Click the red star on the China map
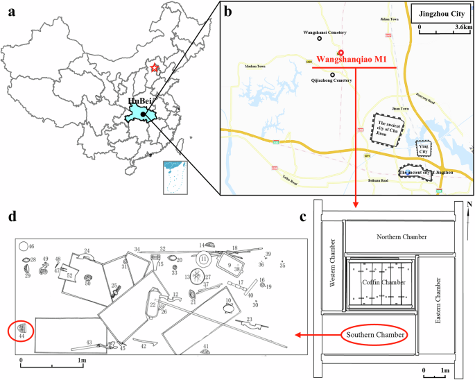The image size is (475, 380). click(x=155, y=67)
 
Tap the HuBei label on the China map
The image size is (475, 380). click(x=140, y=103)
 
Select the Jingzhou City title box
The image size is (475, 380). click(x=440, y=13)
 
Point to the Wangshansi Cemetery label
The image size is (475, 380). click(x=325, y=33)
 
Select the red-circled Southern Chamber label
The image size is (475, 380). click(x=374, y=336)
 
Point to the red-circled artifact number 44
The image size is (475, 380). click(x=22, y=330)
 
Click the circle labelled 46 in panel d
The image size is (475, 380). click(x=22, y=246)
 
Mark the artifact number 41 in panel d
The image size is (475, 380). click(x=206, y=346)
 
